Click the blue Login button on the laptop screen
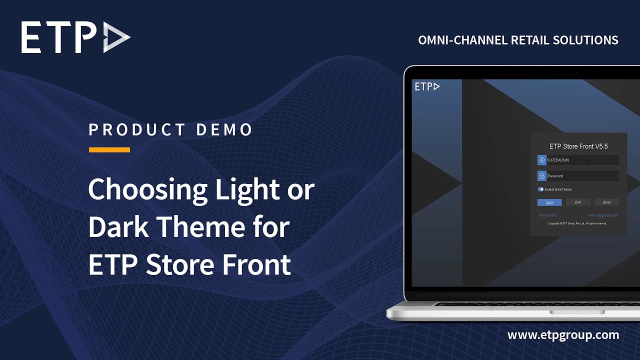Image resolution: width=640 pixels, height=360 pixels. click(549, 202)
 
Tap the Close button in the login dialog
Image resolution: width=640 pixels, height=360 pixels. click(606, 202)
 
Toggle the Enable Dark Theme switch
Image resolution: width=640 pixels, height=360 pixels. click(540, 189)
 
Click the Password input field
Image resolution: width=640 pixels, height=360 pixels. click(582, 176)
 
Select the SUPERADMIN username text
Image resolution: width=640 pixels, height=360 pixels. click(558, 160)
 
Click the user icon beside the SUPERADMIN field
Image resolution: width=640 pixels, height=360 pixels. click(541, 160)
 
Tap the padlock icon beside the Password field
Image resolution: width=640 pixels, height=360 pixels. click(541, 176)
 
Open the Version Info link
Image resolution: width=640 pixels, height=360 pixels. click(548, 215)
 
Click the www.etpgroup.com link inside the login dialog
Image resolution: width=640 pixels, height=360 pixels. click(603, 215)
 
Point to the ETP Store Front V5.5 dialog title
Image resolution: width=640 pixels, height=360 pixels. click(578, 146)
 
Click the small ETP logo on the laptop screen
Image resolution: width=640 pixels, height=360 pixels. click(427, 87)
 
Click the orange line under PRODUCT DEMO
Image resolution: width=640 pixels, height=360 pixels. click(109, 149)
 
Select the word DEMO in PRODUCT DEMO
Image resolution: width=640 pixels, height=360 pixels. click(224, 130)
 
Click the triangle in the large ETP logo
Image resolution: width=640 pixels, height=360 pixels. click(116, 37)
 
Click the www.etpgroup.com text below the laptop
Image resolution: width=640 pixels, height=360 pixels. click(563, 334)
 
